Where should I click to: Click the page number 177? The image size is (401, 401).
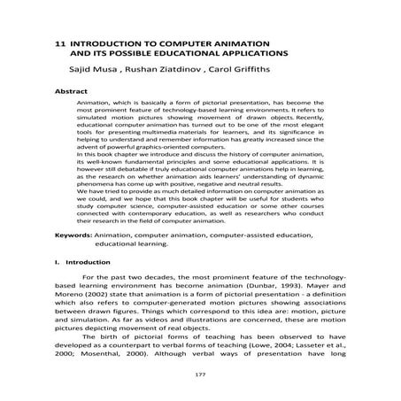click(199, 375)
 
